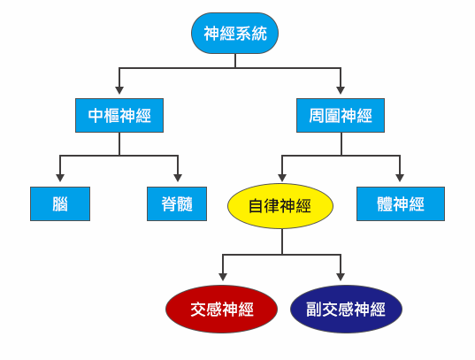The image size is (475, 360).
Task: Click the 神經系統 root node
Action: pos(234,33)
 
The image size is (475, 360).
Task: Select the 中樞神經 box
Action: pos(119,116)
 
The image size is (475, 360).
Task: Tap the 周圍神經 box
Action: pos(341,116)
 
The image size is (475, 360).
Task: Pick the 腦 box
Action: pos(60,204)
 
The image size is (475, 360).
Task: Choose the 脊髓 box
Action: pos(177,204)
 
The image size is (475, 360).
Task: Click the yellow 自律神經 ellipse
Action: pos(280,206)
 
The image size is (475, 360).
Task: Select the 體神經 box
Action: pos(401,204)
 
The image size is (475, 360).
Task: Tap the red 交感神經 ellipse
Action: pos(221,309)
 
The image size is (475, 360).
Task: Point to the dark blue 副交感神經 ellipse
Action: pos(346,309)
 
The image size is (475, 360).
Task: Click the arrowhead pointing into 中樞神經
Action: pos(119,90)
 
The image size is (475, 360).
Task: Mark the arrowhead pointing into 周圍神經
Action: pos(341,90)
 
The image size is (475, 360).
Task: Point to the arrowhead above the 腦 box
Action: pos(60,178)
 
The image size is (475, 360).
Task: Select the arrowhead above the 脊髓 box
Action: pos(178,178)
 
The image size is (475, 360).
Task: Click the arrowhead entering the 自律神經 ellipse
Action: pos(282,178)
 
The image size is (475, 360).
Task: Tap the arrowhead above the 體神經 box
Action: pos(400,178)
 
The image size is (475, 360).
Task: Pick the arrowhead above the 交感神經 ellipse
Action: pos(223,277)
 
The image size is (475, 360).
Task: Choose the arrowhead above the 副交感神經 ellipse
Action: pos(341,277)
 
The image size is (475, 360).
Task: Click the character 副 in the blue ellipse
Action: pos(313,310)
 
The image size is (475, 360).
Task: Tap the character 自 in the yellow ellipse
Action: pos(256,206)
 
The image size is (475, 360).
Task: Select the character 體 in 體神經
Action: pos(385,204)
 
